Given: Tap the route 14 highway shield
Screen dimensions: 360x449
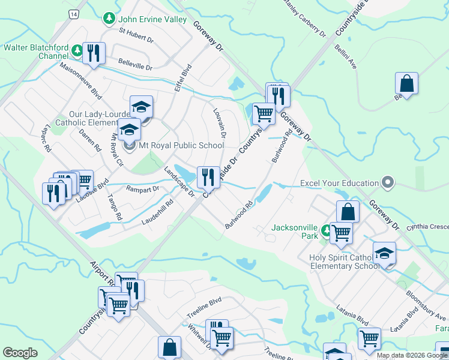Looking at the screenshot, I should (73, 13).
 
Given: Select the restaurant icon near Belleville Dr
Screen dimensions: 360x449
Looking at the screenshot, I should (94, 53).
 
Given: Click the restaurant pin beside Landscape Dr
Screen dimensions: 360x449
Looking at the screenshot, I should (208, 177).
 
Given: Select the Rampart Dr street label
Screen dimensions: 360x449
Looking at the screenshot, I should (142, 188).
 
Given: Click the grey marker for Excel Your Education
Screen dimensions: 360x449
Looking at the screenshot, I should (388, 182).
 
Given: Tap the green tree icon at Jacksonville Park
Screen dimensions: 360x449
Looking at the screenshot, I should (325, 229).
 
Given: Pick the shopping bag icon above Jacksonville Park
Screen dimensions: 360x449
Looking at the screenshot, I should (348, 212).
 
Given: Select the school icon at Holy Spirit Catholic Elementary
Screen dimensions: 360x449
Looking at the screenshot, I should (384, 254).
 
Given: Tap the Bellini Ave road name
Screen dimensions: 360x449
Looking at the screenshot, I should (346, 55).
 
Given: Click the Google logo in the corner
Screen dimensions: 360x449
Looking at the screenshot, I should (20, 353).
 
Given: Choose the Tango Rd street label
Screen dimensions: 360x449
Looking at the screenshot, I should (115, 207).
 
